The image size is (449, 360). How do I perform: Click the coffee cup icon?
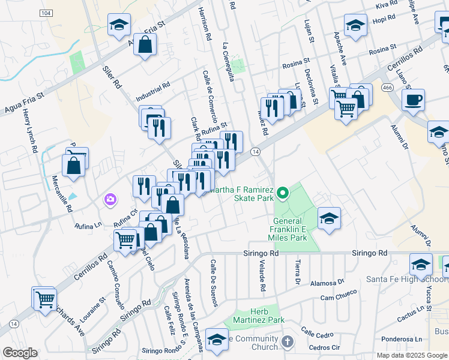412,100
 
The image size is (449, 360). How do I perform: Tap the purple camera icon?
110,199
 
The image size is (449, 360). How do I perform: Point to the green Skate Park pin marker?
282,193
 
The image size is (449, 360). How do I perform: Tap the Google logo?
20,353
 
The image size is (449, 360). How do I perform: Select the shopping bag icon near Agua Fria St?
145,44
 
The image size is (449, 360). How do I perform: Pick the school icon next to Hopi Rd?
355,25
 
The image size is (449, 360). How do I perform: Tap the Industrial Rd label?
152,91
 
